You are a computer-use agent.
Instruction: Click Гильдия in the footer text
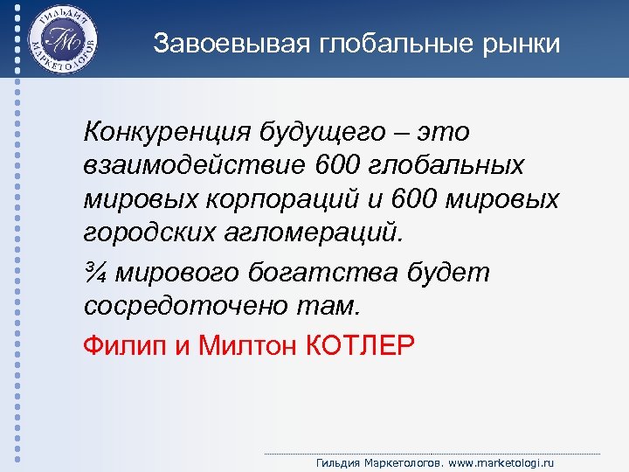tap(338, 462)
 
